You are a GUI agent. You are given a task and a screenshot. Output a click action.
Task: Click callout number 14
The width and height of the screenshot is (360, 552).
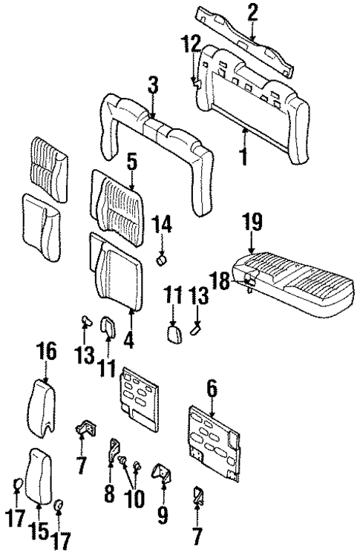pos(163,223)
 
